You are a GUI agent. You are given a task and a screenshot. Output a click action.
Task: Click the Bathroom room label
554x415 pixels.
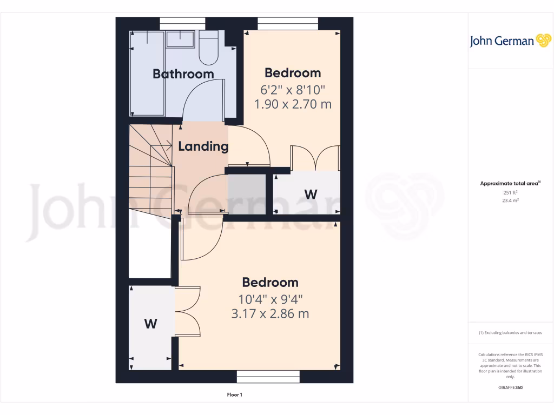point(183,74)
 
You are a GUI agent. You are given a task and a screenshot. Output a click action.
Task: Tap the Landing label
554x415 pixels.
point(203,146)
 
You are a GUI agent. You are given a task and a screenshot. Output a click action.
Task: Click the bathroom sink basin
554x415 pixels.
point(181,39)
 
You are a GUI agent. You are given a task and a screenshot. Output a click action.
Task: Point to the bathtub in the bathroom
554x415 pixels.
point(147,73)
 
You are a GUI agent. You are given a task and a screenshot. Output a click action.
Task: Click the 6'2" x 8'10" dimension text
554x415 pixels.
point(293,89)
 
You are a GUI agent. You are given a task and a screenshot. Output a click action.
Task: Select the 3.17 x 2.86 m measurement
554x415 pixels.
point(270,313)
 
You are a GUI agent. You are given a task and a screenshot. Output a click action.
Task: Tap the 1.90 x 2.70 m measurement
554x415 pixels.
point(293,104)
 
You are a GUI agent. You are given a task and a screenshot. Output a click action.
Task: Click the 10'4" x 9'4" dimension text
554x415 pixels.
point(270,298)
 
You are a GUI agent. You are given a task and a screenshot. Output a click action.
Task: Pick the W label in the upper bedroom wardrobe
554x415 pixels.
point(311,194)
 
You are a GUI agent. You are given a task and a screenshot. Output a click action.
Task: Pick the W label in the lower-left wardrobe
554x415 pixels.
point(150,324)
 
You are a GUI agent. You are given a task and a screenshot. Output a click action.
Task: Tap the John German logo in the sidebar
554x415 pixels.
point(510,41)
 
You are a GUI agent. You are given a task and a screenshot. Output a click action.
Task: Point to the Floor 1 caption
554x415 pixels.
point(234,395)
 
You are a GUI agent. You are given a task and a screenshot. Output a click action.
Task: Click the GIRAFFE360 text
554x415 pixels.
point(510,387)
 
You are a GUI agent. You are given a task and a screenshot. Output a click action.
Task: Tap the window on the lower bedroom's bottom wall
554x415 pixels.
point(268,377)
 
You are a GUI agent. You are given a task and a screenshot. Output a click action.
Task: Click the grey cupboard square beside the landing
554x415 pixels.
point(247,194)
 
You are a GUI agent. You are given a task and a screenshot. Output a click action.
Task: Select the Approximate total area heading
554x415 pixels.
point(510,184)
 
